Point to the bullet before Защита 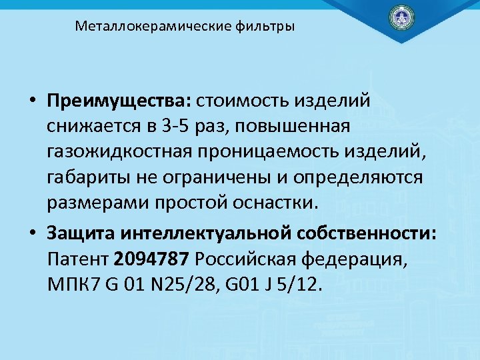(x=32, y=234)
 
